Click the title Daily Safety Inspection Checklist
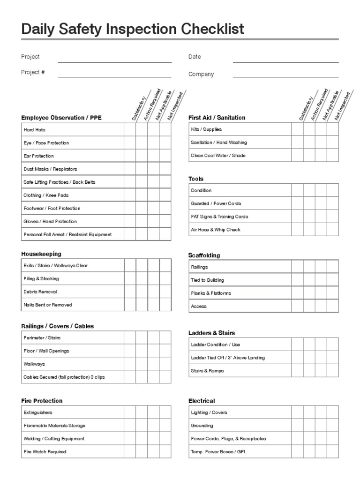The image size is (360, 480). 133,29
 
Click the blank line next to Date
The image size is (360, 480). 285,59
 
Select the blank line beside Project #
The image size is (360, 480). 114,74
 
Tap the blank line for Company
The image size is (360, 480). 285,75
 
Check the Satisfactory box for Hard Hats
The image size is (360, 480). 130,130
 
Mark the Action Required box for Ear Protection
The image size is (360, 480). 142,156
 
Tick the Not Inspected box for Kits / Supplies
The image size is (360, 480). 333,129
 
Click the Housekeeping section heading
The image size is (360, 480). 41,254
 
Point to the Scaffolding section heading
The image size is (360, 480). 204,255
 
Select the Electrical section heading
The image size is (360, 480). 202,401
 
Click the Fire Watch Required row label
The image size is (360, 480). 45,452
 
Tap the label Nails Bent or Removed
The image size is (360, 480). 48,305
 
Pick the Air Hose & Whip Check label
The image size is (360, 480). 216,230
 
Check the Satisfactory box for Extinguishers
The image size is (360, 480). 130,412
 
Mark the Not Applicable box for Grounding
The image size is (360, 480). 321,426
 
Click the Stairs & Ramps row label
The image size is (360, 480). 207,371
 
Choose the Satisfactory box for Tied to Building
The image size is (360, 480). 297,280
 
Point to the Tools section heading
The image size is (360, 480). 196,179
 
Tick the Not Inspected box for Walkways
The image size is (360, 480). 165,364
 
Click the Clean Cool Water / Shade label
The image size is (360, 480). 218,156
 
